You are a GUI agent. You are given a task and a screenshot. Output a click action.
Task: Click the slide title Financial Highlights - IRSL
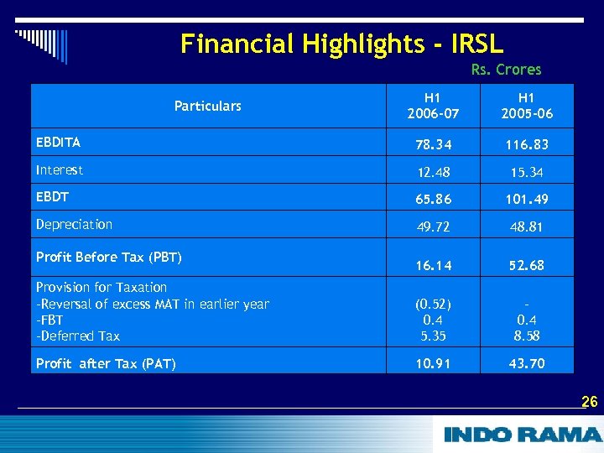(x=341, y=44)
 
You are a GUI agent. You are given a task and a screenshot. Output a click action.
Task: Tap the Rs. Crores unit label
(x=506, y=70)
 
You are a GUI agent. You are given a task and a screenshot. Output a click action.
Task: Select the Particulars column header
(x=207, y=106)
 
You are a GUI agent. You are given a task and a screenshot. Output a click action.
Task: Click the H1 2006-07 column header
(x=430, y=106)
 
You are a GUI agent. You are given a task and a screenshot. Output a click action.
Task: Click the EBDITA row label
(x=59, y=143)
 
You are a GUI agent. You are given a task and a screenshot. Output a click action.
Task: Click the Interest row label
(x=60, y=170)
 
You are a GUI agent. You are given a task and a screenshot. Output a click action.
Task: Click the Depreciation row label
(x=74, y=224)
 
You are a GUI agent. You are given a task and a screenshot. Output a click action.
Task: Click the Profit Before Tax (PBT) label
(x=109, y=257)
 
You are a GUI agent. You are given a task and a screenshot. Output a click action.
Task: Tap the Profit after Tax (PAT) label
(x=106, y=363)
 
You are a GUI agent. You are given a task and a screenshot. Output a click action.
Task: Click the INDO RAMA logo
(x=522, y=435)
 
